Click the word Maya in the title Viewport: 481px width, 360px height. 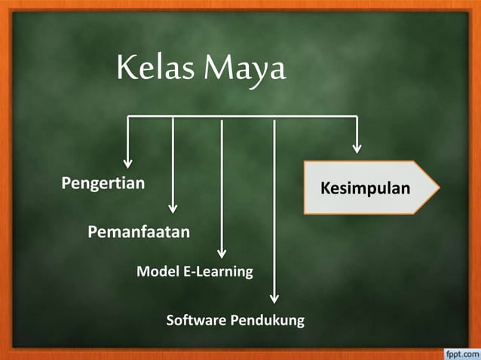click(x=246, y=71)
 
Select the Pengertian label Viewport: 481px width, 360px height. click(x=103, y=183)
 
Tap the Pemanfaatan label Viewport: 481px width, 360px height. click(x=139, y=231)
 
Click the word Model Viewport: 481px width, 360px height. click(x=158, y=271)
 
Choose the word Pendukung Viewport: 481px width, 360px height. click(x=267, y=321)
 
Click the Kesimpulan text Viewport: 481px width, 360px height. click(x=366, y=188)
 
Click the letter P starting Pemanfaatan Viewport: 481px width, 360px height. click(x=93, y=231)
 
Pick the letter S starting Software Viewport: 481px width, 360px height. click(x=170, y=321)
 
